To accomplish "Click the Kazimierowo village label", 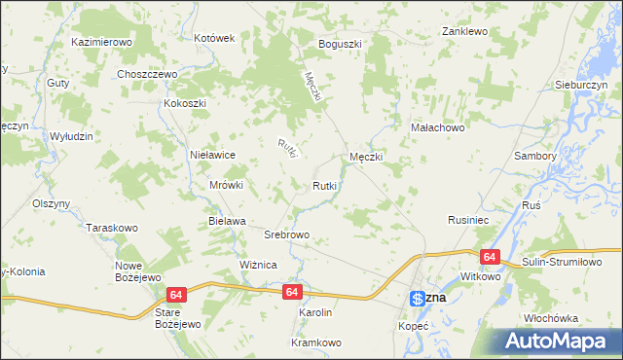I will coord(101,43).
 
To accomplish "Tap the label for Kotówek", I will coord(215,38).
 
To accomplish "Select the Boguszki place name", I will coord(340,44).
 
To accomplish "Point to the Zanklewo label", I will coord(463,31).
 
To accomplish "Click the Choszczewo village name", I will coord(145,74).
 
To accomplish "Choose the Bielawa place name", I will coord(227,221).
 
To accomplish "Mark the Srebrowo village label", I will coord(287,234).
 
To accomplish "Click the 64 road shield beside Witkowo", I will coord(489,257).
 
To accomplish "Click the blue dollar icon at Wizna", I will coord(416,298).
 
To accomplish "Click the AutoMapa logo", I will coord(561,342).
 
